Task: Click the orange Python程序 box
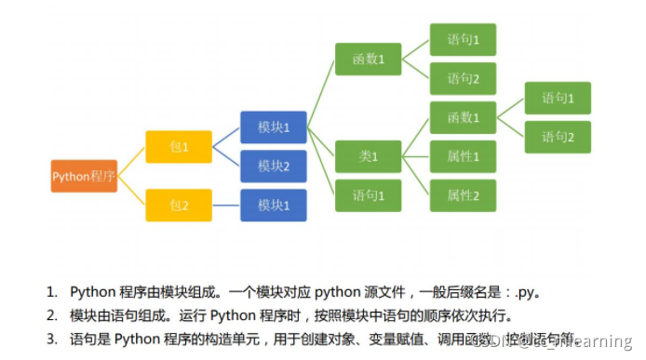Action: tap(84, 176)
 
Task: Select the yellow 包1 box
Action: tap(179, 147)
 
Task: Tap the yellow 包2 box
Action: tap(179, 205)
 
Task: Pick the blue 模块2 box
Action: tap(273, 167)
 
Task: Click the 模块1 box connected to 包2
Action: tap(273, 205)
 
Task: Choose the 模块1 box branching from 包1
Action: tap(273, 127)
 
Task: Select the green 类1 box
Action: tap(368, 156)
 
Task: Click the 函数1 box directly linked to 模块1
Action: tap(368, 60)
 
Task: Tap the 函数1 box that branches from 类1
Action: tap(463, 117)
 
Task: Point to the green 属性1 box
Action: tap(463, 156)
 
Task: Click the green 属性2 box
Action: tap(463, 195)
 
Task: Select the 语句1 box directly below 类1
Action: tap(368, 195)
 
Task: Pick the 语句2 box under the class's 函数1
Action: tap(558, 137)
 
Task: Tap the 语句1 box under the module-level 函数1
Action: tap(463, 40)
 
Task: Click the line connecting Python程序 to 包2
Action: tap(132, 191)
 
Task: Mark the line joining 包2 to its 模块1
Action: tap(225, 205)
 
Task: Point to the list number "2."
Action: tap(53, 314)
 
